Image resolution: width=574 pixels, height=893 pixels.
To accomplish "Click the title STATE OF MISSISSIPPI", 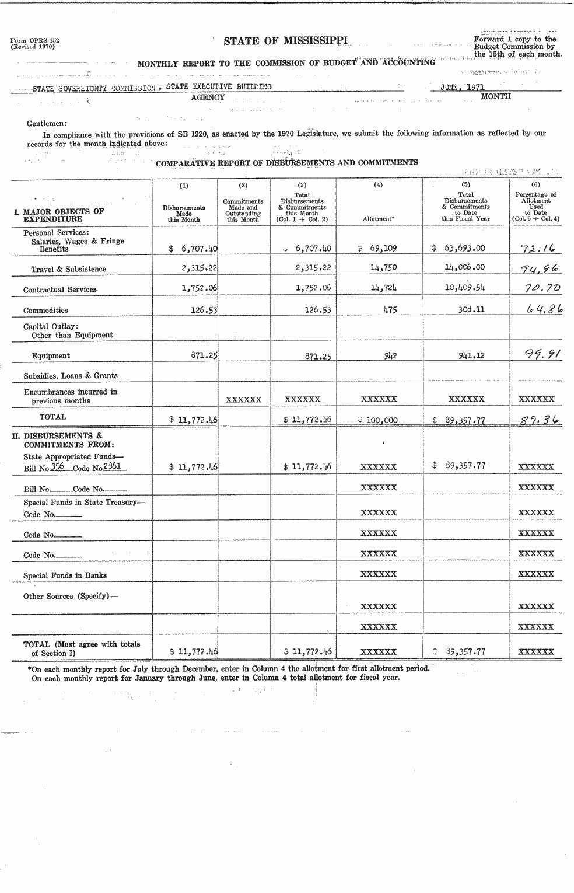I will (x=286, y=40).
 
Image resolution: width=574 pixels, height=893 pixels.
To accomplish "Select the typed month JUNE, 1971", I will (x=463, y=87).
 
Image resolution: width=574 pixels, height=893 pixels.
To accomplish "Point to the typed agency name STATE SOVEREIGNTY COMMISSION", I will (x=93, y=88).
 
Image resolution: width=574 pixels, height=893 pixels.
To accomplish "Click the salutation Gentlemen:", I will (x=47, y=123).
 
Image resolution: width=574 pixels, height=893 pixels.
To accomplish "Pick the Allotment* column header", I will (x=379, y=219).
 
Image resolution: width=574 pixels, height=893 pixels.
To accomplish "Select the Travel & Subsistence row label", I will (x=69, y=269).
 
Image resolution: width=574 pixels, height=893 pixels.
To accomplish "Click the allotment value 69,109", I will (x=383, y=248).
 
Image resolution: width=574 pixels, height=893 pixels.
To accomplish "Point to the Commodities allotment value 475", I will (x=390, y=310).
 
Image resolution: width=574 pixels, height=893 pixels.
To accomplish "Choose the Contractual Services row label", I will (x=60, y=289).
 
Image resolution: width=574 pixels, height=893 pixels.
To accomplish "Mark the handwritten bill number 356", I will (x=57, y=467).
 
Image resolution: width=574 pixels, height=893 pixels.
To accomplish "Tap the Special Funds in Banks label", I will (x=65, y=575).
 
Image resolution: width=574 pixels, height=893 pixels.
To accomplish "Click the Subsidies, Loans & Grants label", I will (x=71, y=376).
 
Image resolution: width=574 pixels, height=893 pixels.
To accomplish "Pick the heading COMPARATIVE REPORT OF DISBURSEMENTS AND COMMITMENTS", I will (x=286, y=163).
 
